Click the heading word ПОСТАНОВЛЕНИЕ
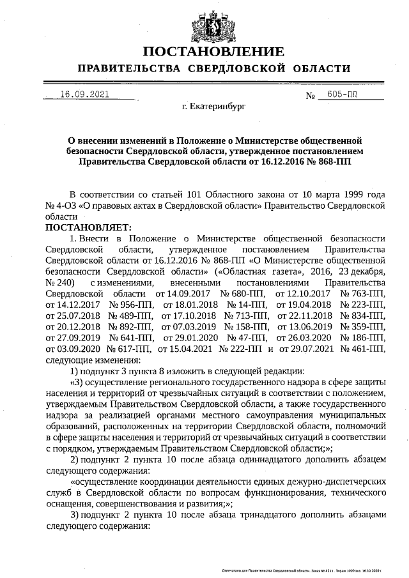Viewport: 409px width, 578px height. (213, 52)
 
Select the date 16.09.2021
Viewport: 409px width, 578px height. (84, 94)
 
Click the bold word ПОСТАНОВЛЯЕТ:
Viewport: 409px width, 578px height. (88, 227)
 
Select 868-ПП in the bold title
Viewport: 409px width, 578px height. (333, 162)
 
